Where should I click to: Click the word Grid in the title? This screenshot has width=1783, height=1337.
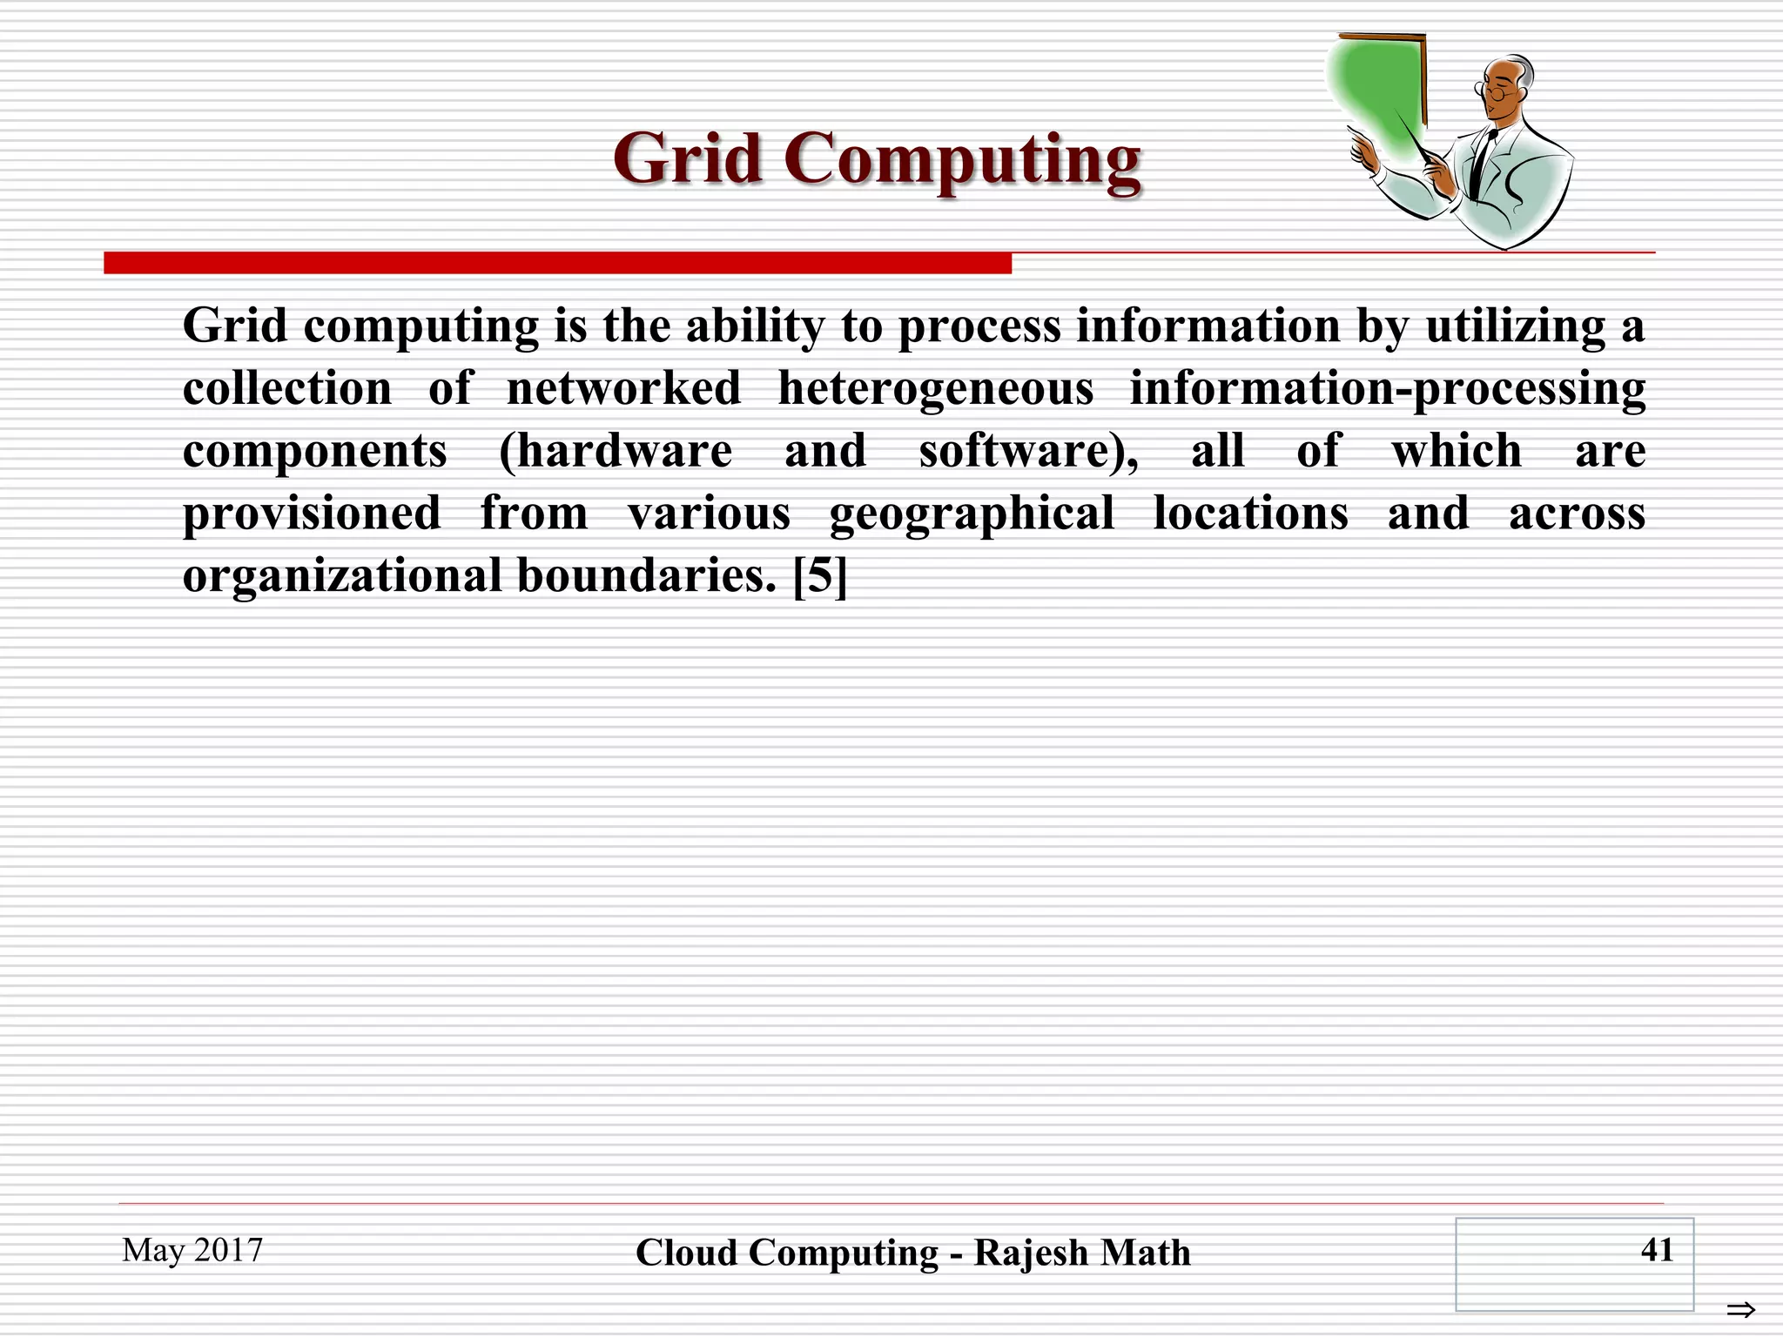pos(687,159)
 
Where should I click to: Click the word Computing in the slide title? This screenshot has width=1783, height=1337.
pos(962,161)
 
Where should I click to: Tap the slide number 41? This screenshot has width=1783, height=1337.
pos(1656,1250)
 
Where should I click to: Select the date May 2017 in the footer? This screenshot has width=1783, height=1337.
pos(192,1250)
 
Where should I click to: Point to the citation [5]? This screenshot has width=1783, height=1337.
pos(820,575)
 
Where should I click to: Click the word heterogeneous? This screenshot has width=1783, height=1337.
pos(935,388)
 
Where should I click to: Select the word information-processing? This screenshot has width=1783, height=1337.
pos(1387,388)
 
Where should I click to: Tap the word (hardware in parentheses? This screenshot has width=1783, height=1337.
pos(616,451)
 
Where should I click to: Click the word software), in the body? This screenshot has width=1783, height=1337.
pos(1028,451)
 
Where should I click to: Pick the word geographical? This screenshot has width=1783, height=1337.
pos(972,514)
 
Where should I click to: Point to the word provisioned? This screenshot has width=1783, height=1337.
pos(312,514)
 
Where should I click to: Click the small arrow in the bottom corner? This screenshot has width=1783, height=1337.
pos(1740,1309)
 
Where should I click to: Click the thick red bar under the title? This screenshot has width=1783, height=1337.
pos(557,263)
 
